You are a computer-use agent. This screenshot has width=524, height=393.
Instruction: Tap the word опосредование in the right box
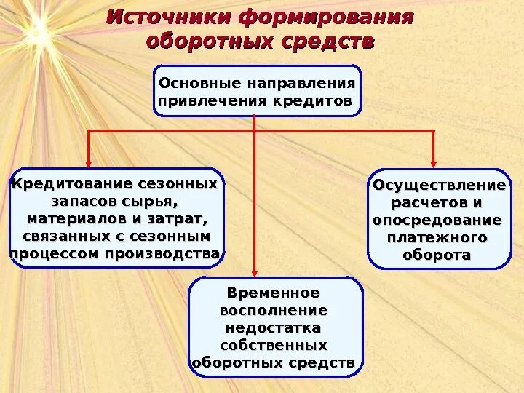click(437, 220)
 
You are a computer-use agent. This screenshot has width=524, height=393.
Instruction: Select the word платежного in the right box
click(437, 237)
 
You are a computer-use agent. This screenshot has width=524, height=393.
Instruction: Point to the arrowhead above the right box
click(434, 161)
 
